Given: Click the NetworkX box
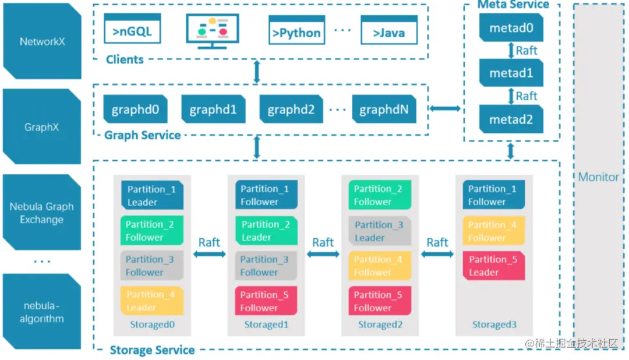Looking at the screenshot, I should (42, 41).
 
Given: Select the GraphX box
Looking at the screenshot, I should (42, 126).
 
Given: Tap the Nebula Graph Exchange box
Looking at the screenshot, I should (42, 213).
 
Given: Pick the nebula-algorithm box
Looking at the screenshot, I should (42, 312).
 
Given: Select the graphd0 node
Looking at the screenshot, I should (136, 110).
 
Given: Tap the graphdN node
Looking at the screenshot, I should (384, 110).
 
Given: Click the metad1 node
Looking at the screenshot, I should (511, 73).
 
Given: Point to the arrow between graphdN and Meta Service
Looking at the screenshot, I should (445, 109).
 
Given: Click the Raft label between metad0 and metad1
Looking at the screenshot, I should (526, 51).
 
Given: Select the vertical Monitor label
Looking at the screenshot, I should (598, 177).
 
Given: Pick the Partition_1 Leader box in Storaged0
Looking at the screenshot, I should (152, 195).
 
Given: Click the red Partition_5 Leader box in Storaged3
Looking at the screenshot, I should (493, 266).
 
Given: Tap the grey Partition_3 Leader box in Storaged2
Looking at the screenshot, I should (380, 231).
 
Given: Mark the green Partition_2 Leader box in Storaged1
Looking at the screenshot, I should (266, 231).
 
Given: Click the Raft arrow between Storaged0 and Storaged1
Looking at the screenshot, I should (209, 255).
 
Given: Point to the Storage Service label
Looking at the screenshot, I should (152, 350).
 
